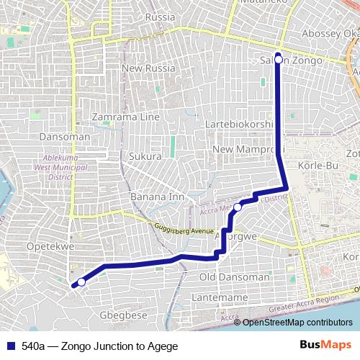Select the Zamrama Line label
(x=127, y=117)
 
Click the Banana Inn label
(x=157, y=196)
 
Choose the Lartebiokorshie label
(x=240, y=124)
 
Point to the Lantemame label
(x=220, y=297)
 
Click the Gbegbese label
(x=122, y=315)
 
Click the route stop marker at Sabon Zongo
(x=279, y=60)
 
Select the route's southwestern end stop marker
(x=81, y=282)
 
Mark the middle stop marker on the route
(x=238, y=207)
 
